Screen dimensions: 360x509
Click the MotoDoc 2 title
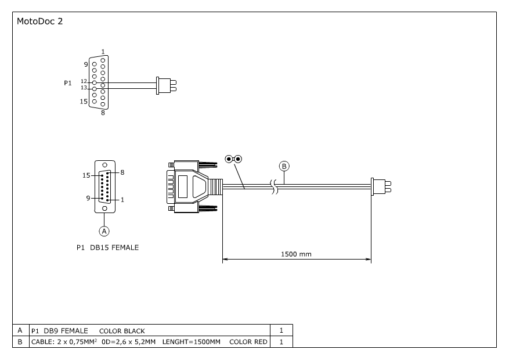click(x=40, y=21)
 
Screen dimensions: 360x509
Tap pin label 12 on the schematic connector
click(x=84, y=81)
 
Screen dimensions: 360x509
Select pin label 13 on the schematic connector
click(x=84, y=88)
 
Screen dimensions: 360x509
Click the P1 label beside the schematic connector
click(x=67, y=83)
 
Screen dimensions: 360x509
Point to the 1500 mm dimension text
click(x=296, y=254)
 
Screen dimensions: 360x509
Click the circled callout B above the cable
click(x=284, y=166)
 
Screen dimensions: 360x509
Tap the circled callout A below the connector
click(x=104, y=231)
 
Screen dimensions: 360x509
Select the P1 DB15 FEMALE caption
click(x=107, y=247)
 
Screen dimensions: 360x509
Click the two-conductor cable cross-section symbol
click(x=233, y=159)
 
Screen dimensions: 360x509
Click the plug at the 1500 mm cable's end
click(x=381, y=186)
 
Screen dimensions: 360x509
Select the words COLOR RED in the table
click(x=248, y=342)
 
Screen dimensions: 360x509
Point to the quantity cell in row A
click(x=281, y=331)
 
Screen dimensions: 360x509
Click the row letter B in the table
click(x=20, y=342)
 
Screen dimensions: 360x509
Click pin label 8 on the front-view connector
click(x=122, y=172)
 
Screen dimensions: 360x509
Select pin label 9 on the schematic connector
click(x=86, y=64)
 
